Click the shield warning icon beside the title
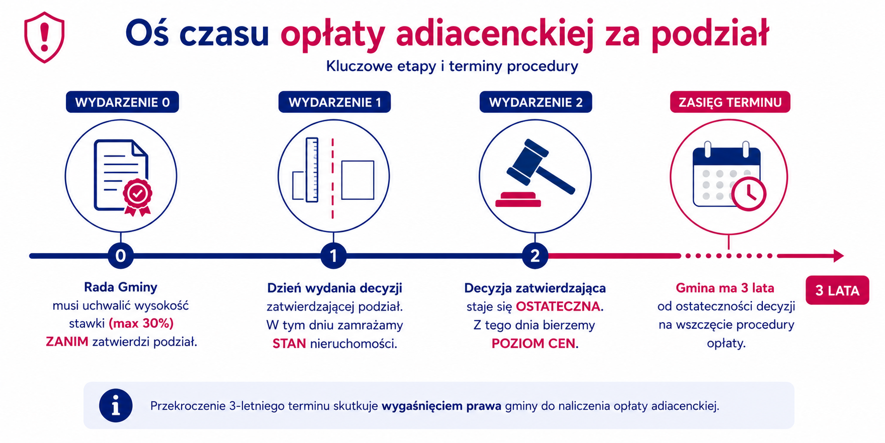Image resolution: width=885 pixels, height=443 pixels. tap(44, 37)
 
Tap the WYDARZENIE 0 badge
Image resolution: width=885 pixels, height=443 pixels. tap(122, 102)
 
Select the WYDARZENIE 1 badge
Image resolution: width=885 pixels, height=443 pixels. tap(335, 102)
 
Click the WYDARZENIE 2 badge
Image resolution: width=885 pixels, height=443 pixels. tap(536, 102)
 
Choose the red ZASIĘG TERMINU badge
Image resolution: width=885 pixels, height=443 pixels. tap(730, 102)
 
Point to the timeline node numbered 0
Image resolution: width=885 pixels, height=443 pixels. tap(121, 256)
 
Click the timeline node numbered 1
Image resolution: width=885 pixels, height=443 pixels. tap(334, 256)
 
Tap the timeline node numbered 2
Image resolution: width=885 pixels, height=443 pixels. tap(535, 256)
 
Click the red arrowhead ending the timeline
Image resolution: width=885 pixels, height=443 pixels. tap(838, 256)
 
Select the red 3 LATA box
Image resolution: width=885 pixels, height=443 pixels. tap(837, 290)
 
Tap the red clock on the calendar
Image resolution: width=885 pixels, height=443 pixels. tap(749, 194)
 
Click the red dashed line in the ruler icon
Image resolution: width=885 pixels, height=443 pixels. tap(333, 179)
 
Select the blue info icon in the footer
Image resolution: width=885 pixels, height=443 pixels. tap(116, 406)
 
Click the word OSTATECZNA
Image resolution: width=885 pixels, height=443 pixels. tap(558, 307)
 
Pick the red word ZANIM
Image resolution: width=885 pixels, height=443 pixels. tap(67, 342)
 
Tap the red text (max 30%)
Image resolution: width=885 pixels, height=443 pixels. tap(141, 324)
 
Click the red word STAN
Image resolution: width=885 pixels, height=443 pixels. tap(289, 344)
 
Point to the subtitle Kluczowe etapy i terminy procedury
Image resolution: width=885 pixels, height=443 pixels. tap(452, 66)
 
